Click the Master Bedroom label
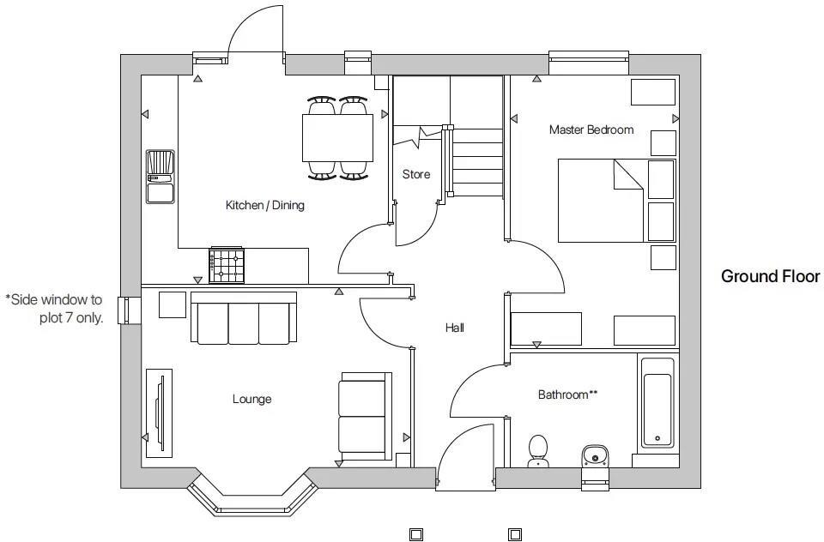(x=591, y=129)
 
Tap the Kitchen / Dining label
(x=265, y=205)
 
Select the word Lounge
(x=252, y=399)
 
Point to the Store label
(x=416, y=174)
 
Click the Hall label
(x=455, y=328)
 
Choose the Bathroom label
(x=567, y=394)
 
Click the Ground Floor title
(x=771, y=276)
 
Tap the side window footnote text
(x=54, y=309)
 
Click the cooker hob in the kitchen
(x=227, y=265)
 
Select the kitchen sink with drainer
(x=161, y=177)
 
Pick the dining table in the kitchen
(x=337, y=138)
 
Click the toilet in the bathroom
(x=537, y=450)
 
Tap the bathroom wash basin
(x=596, y=456)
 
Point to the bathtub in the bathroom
(x=657, y=403)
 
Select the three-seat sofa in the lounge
(x=244, y=318)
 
